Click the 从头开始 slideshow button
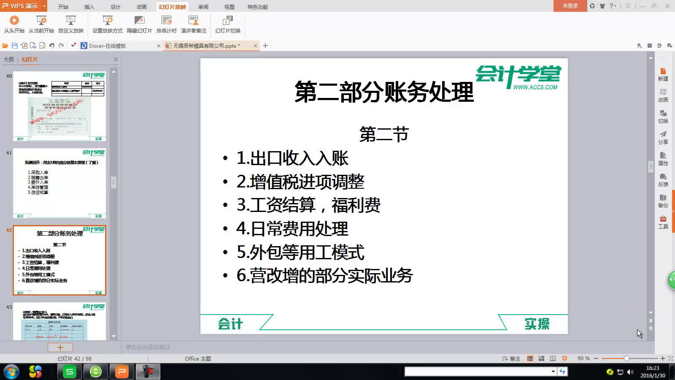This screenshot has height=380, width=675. click(14, 24)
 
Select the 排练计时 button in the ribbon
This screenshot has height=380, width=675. click(166, 24)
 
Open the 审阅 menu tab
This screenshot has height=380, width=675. click(203, 7)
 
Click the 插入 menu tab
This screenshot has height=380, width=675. click(89, 7)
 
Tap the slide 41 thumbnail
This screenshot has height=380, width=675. click(59, 183)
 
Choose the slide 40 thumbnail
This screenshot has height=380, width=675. click(59, 106)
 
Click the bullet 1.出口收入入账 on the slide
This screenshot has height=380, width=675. click(292, 158)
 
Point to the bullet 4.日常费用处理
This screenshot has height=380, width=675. click(292, 229)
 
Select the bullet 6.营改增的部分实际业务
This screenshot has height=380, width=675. click(324, 276)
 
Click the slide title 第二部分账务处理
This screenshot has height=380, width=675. click(384, 92)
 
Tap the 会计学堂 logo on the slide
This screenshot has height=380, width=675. click(518, 77)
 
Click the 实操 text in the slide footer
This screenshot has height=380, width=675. click(537, 324)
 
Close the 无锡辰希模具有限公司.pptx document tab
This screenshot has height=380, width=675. click(255, 46)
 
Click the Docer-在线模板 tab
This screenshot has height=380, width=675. click(107, 46)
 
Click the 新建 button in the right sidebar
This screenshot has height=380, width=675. click(663, 74)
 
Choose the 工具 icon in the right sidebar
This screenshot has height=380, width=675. click(663, 222)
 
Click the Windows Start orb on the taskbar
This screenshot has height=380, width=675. click(11, 372)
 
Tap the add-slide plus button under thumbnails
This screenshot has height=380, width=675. click(60, 347)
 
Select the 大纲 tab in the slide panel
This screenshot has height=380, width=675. click(9, 59)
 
